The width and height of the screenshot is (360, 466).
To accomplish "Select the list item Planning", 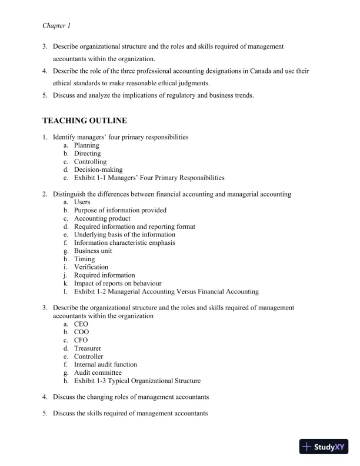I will point(86,145).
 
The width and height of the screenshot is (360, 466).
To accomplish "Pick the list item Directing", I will point(87,154).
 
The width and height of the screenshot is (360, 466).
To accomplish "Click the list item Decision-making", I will point(98,169).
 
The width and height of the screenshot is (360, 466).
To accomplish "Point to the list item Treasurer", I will point(87,348).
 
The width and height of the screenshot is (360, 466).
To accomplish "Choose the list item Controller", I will point(88,357).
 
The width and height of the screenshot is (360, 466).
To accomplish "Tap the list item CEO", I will point(81,324).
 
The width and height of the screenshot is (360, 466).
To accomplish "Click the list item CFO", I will point(81,340).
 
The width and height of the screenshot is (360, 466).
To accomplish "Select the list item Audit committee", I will point(98,372).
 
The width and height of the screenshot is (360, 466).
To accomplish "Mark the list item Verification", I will point(91,267).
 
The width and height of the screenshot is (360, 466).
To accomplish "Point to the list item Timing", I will point(84,259).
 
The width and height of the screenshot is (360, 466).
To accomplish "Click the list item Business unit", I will point(93,251).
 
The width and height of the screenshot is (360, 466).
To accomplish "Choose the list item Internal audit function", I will point(105,365).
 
